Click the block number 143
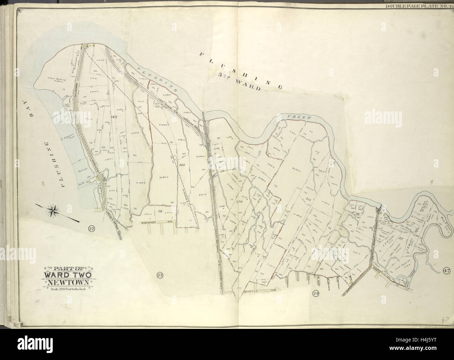click(x=113, y=117)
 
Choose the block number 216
click(x=239, y=202)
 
